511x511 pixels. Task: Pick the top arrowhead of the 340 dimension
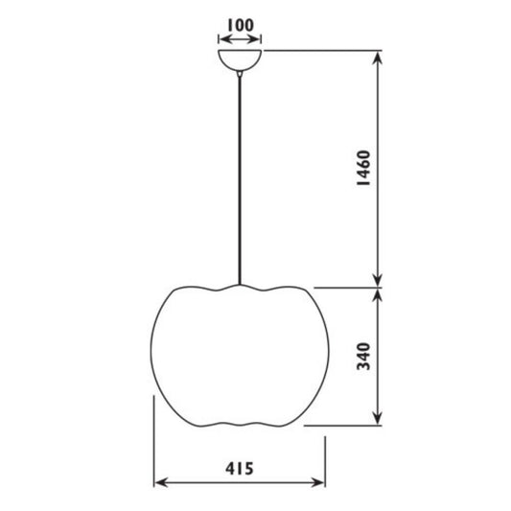[382, 294]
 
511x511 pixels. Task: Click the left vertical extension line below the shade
[154, 441]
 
